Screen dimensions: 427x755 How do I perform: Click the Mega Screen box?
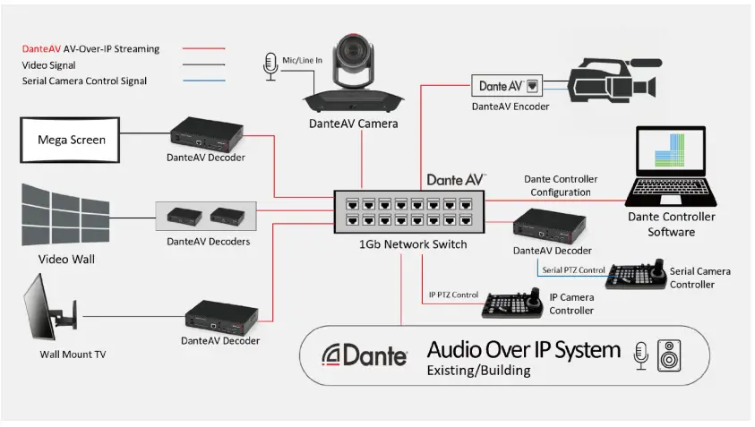(x=71, y=140)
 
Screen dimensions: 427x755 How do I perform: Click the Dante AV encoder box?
(x=507, y=86)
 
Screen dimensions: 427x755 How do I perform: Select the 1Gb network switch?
(x=408, y=211)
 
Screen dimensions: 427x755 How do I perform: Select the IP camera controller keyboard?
(x=513, y=304)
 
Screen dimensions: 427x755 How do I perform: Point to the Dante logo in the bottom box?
(x=365, y=355)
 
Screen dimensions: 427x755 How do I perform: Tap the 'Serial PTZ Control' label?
(x=572, y=269)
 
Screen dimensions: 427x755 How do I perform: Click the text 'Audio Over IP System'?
(x=523, y=348)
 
